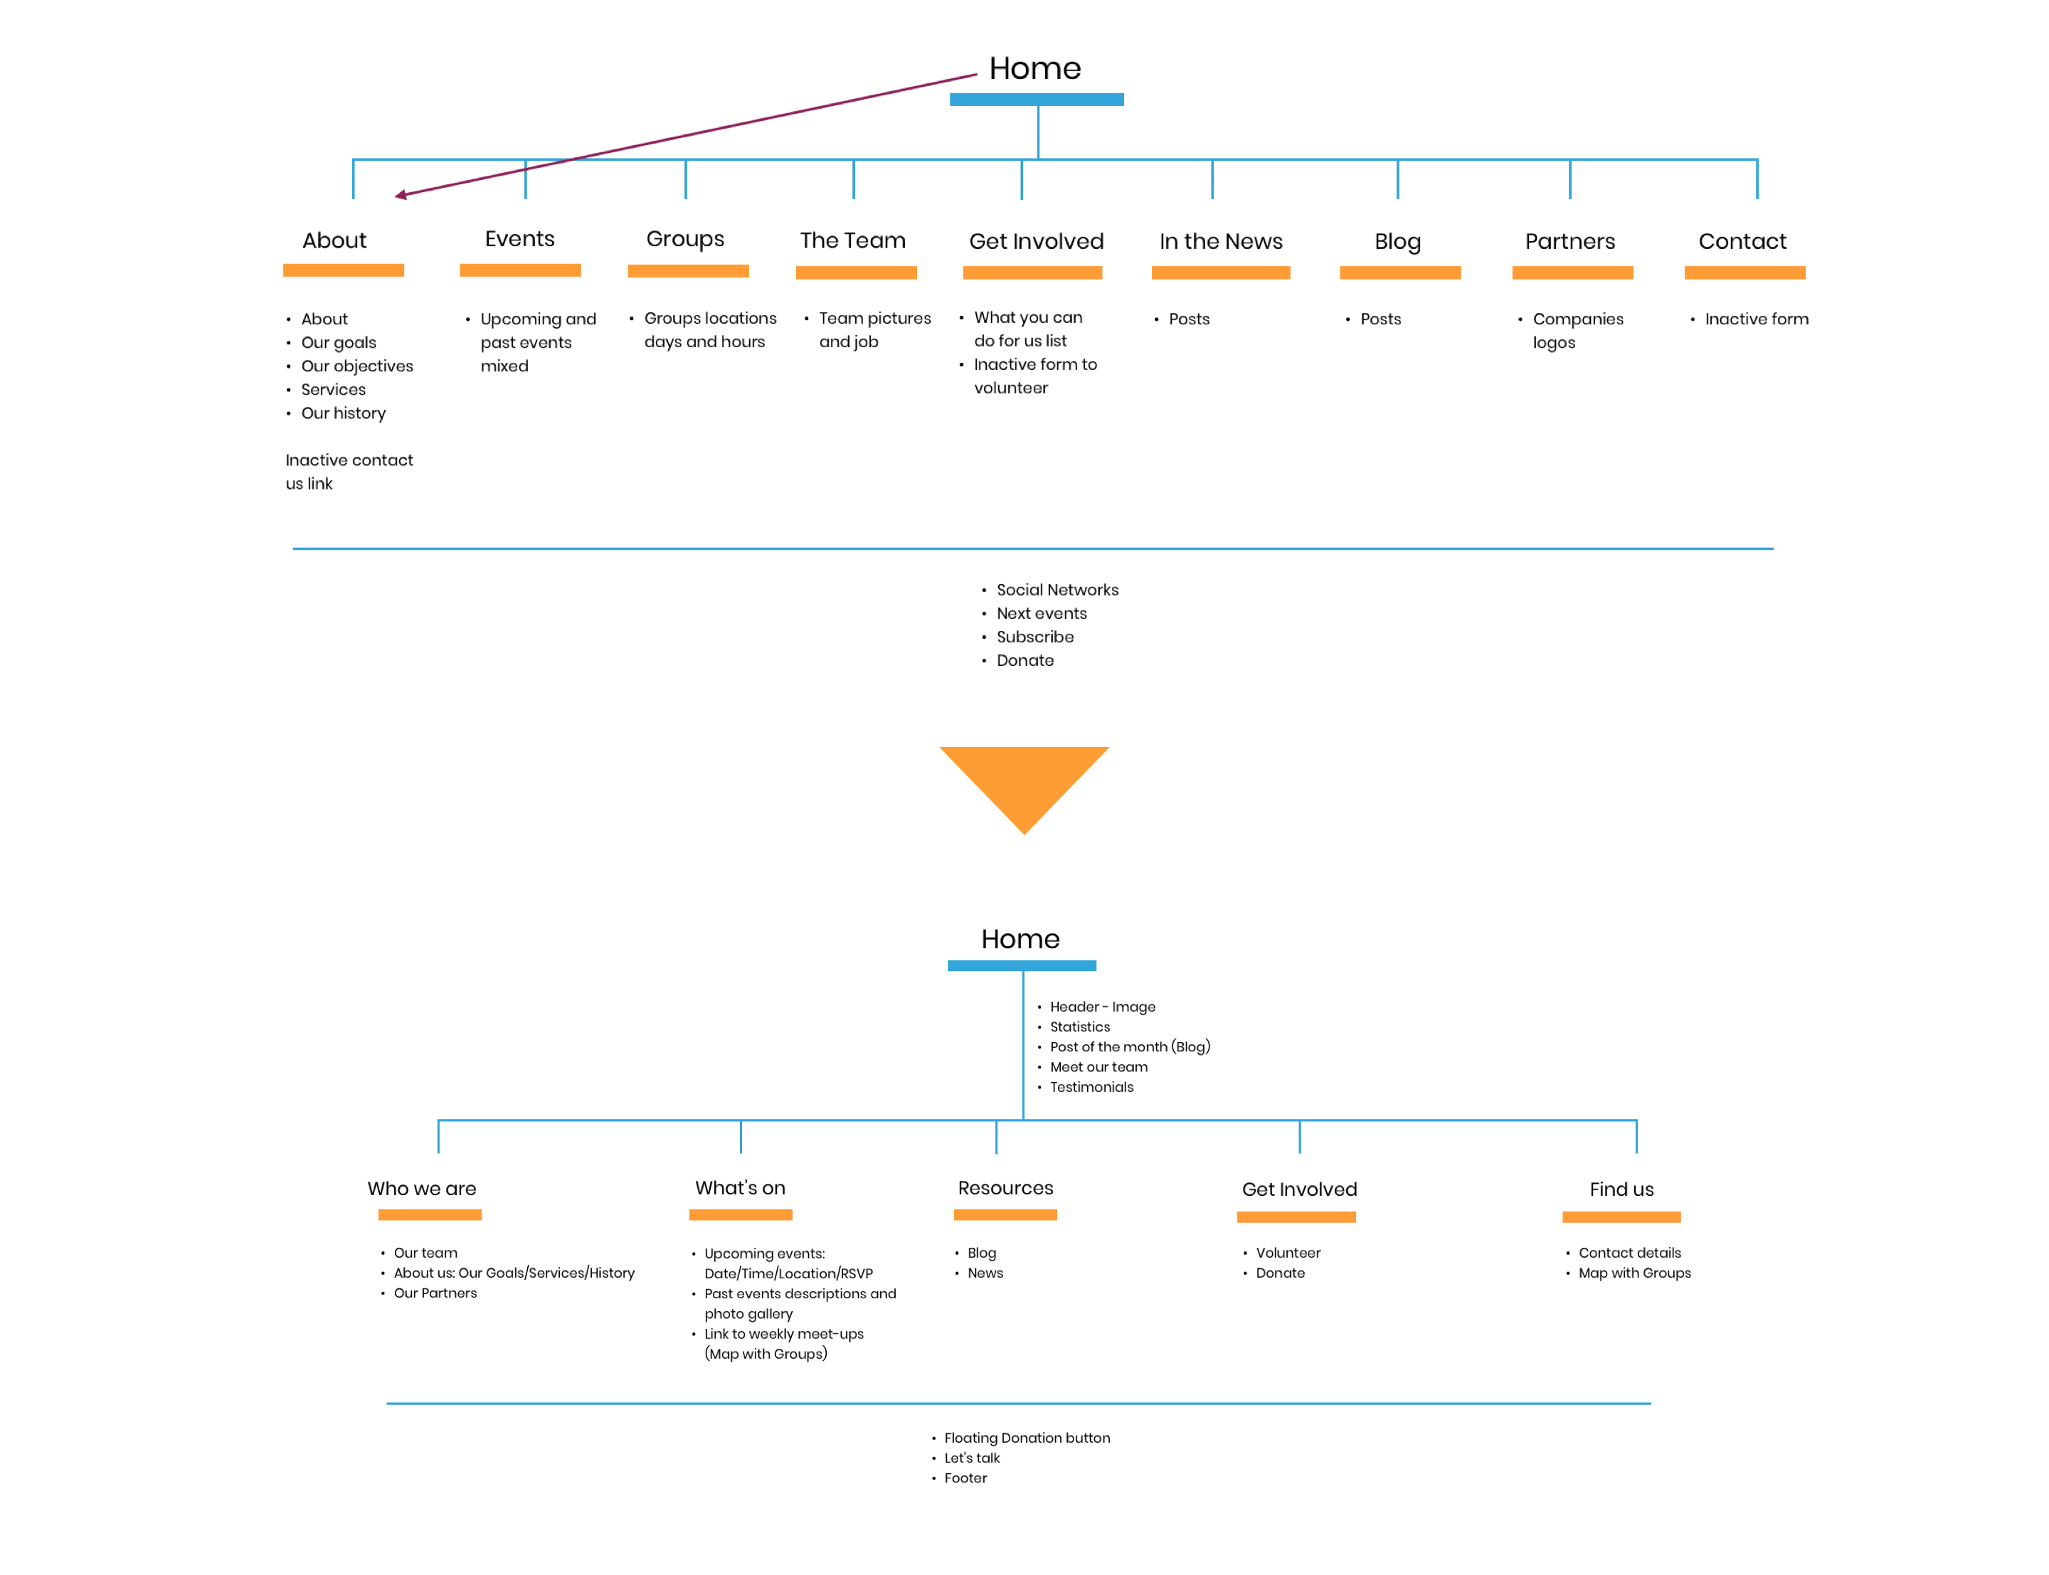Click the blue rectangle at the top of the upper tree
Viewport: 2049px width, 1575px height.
click(x=1037, y=100)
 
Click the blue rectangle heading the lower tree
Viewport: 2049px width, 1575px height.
click(x=1022, y=965)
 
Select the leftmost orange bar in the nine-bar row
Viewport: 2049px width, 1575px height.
click(x=344, y=270)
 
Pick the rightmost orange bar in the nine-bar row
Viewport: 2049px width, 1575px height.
click(x=1744, y=272)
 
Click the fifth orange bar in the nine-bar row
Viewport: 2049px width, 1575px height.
click(x=1032, y=272)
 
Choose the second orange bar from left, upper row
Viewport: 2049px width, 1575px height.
click(x=520, y=270)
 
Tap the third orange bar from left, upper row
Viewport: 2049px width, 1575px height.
click(x=688, y=271)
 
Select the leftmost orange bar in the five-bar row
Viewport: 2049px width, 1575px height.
click(x=430, y=1215)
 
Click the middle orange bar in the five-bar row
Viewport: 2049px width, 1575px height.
click(x=1005, y=1215)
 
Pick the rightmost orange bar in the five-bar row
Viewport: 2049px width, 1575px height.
click(x=1621, y=1218)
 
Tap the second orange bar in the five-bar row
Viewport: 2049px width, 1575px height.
click(x=741, y=1215)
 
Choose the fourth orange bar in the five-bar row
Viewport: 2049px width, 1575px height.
click(x=1296, y=1218)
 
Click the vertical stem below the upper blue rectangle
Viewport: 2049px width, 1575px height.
click(x=1039, y=132)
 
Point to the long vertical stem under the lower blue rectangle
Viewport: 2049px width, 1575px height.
click(x=1022, y=1045)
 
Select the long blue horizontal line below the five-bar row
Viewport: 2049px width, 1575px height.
click(x=1018, y=1404)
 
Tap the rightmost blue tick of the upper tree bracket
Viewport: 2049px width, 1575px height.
click(x=1757, y=180)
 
